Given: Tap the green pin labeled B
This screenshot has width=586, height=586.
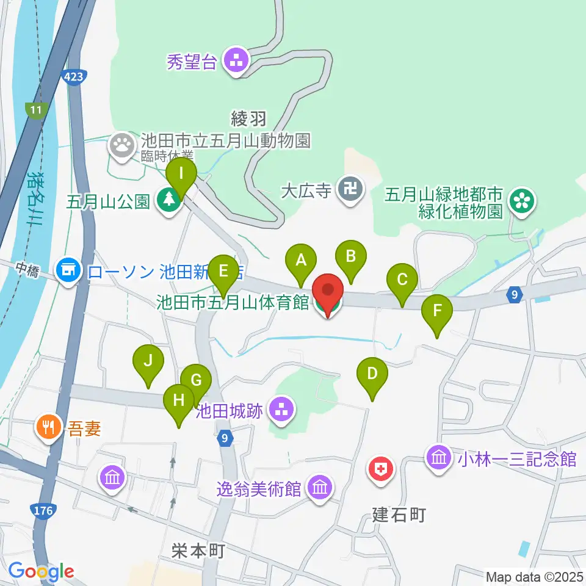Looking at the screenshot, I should (351, 257).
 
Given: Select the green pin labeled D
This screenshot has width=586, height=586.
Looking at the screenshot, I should (372, 374).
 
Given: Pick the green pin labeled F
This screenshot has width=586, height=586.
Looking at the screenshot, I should (438, 311).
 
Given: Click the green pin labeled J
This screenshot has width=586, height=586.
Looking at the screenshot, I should (148, 362).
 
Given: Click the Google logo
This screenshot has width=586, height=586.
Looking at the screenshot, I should (41, 572).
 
